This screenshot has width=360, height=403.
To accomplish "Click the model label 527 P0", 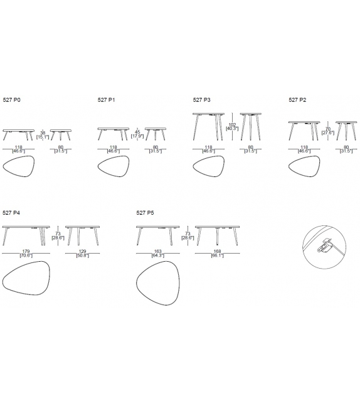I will [11, 100].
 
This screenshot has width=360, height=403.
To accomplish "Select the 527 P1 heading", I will [107, 100].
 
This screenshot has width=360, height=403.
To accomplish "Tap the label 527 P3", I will [201, 100].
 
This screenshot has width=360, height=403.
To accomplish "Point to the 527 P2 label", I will [297, 100].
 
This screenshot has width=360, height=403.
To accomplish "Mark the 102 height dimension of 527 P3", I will [232, 124].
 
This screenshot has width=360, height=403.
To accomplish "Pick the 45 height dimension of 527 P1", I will [137, 132].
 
